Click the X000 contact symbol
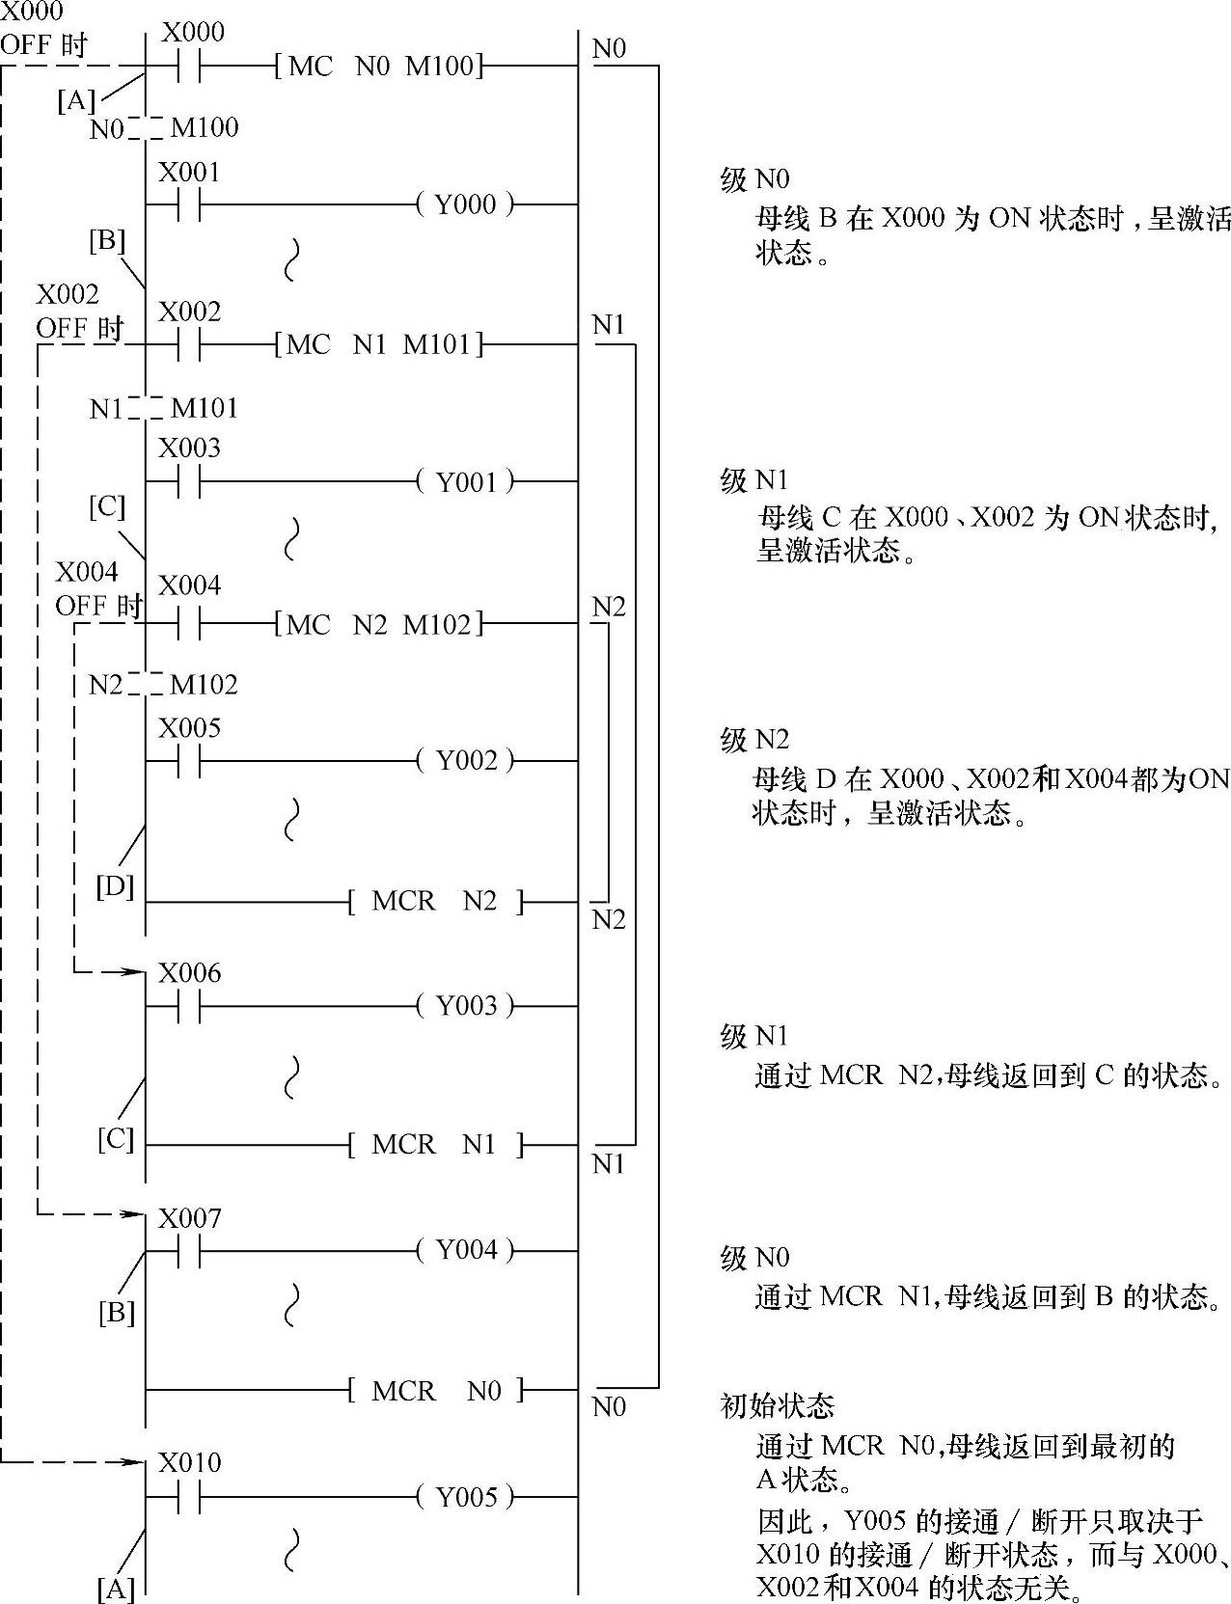click(189, 67)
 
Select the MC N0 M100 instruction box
click(379, 67)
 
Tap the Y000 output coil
click(465, 204)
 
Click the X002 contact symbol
click(189, 344)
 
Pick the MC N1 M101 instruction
click(379, 344)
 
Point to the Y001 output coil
click(465, 480)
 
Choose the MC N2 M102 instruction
click(379, 624)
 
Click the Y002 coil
click(465, 760)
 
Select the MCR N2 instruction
click(434, 902)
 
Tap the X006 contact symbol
click(189, 1006)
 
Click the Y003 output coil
click(465, 1006)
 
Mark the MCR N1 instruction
click(434, 1145)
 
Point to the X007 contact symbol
click(189, 1252)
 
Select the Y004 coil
click(465, 1251)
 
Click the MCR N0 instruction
click(434, 1391)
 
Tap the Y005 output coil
click(465, 1497)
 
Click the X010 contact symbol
click(189, 1497)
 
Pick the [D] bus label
click(115, 885)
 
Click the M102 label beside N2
click(204, 685)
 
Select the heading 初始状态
click(778, 1406)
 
